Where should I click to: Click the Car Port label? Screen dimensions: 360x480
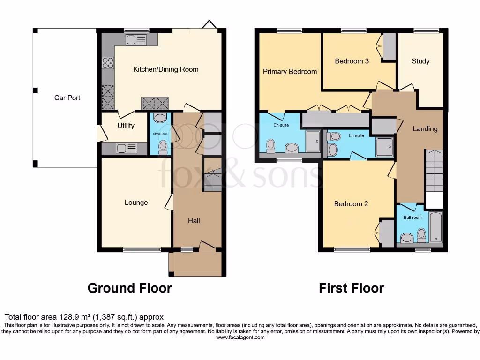(67, 97)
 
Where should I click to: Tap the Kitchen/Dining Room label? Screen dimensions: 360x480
(166, 69)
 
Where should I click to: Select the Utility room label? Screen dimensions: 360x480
(126, 125)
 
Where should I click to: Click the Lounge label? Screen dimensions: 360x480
(136, 202)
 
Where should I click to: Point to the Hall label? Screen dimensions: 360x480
(194, 220)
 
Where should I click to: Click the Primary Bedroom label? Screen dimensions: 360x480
(290, 72)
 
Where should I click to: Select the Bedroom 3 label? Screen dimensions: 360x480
(352, 61)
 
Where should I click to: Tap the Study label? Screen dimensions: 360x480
(420, 61)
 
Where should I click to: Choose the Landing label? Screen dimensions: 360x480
(425, 128)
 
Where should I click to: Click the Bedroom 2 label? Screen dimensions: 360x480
(351, 204)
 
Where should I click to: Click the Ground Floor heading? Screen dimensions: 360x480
(129, 288)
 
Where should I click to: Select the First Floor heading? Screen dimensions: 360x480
(351, 288)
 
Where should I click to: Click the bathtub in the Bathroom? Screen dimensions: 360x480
(436, 227)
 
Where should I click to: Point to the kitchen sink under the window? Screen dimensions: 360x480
(136, 41)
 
